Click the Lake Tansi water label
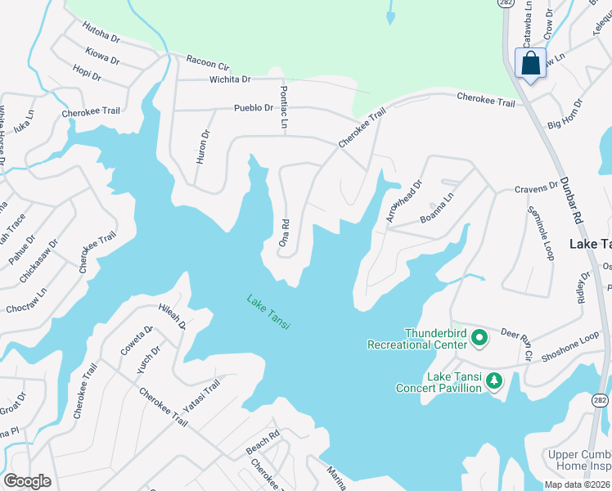[x=268, y=313]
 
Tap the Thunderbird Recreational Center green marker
[x=480, y=337]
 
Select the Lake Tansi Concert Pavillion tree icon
[x=493, y=381]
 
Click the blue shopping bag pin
[x=531, y=63]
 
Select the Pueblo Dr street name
[x=253, y=107]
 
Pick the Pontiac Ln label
[x=284, y=107]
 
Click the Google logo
[x=27, y=480]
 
